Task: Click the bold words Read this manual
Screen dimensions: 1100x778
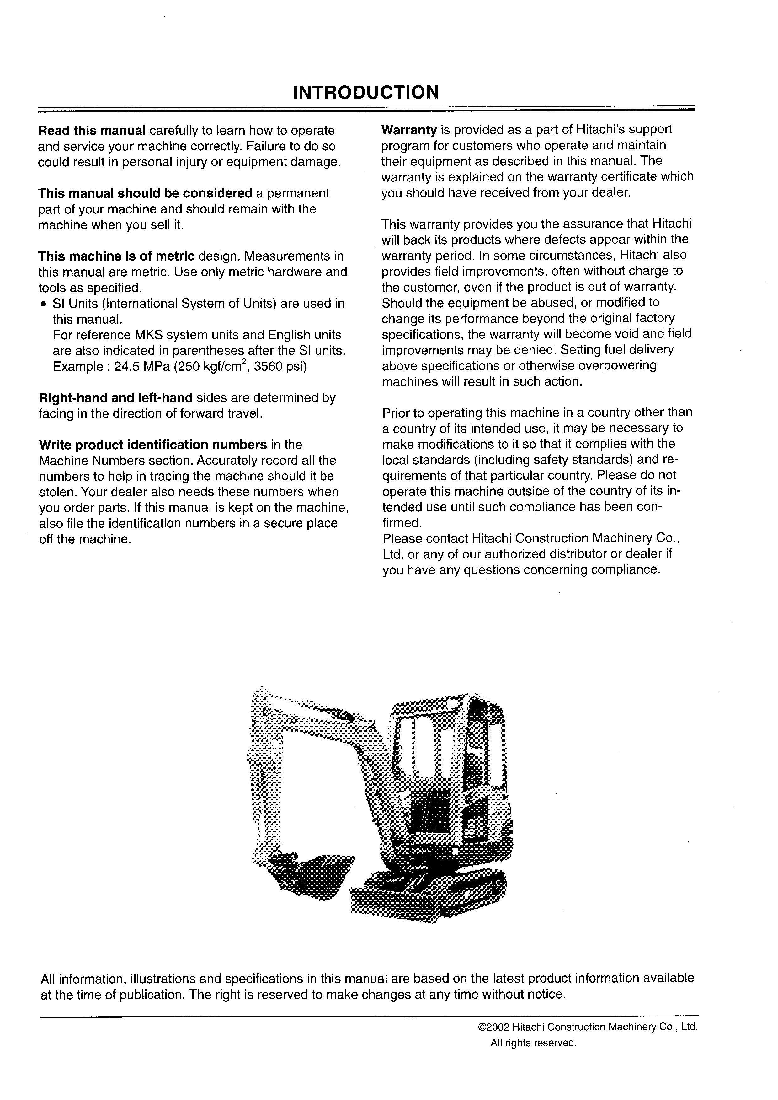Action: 92,130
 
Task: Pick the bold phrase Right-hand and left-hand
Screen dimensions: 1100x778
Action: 115,398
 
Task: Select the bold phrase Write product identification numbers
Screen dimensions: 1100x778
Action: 153,445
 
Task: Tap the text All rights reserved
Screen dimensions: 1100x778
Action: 533,1043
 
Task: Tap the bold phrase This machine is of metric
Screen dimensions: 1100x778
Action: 116,256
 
